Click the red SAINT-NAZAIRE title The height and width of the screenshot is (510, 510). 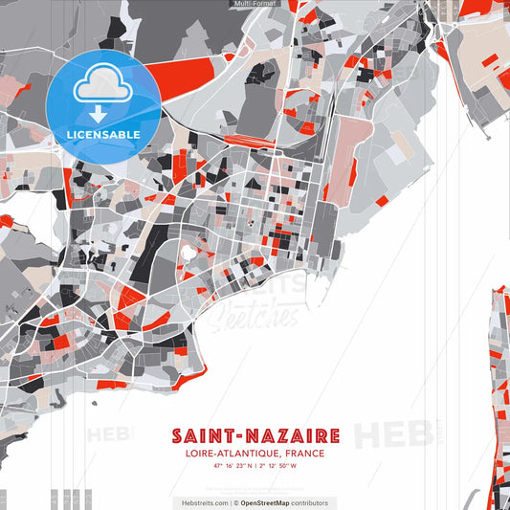click(255, 435)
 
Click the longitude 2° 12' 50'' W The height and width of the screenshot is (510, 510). click(278, 466)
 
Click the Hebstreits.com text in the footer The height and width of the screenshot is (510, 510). click(204, 502)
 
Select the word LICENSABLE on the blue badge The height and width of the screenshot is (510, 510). click(103, 135)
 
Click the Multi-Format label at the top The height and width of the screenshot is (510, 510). click(255, 4)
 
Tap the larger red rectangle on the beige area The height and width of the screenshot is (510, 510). click(489, 61)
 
